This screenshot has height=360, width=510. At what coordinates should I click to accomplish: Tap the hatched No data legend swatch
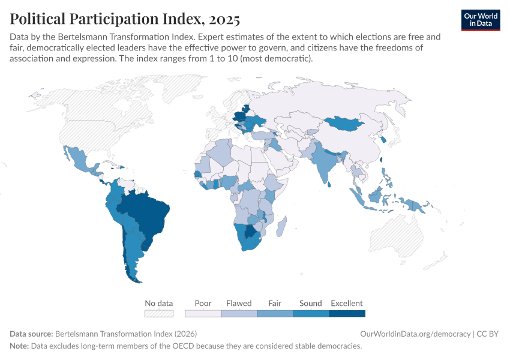pos(159,313)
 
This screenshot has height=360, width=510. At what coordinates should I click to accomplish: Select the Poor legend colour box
pos(203,313)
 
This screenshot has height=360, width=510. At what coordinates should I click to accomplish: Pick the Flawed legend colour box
pos(239,313)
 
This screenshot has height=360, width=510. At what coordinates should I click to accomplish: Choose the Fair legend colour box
pos(275,313)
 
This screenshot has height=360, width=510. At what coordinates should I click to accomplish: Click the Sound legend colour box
pos(311,313)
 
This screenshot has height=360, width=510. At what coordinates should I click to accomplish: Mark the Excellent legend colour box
pos(347,313)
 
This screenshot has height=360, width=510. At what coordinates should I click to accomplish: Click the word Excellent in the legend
pos(347,303)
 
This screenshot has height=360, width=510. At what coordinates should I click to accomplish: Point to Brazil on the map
pos(150,210)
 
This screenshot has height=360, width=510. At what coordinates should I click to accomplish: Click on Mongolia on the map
pos(344,123)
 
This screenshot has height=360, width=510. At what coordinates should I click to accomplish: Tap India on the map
pos(325,162)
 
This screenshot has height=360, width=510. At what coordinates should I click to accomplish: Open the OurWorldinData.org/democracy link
pos(415,334)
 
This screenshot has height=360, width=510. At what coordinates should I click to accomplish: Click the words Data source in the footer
pos(31,334)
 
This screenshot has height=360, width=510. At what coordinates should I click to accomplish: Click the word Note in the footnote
pos(20,346)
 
